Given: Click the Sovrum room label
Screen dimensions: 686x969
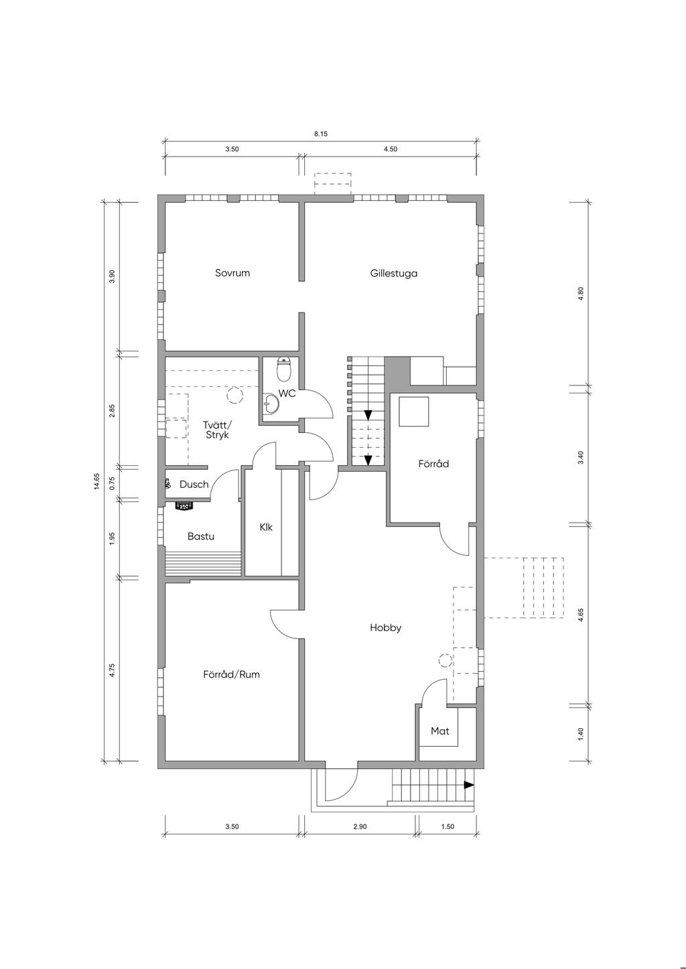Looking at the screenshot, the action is [x=232, y=273].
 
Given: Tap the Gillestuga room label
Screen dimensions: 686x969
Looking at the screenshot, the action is [x=394, y=274].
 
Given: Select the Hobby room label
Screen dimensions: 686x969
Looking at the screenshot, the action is [x=385, y=628].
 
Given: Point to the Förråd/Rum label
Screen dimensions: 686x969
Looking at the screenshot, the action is [x=231, y=675].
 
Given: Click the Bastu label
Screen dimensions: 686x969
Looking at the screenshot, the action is [x=200, y=537].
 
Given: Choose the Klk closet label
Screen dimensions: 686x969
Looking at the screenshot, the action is [x=266, y=527].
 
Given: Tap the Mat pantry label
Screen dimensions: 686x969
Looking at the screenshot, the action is [x=439, y=731].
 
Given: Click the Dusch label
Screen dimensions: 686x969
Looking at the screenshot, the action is [x=194, y=484].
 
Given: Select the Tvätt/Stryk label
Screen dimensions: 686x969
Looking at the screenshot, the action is [x=217, y=430].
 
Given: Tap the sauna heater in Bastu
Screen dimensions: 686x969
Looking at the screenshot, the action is [x=184, y=506].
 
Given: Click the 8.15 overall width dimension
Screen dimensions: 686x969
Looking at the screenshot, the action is [x=321, y=134].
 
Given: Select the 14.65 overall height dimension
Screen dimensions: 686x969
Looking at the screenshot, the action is [x=97, y=481].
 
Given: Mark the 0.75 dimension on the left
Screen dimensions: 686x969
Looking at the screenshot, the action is [x=112, y=482].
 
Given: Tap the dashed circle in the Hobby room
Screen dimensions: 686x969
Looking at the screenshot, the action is [x=445, y=660].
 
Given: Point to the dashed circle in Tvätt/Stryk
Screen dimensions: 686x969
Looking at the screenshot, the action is [x=235, y=395].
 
